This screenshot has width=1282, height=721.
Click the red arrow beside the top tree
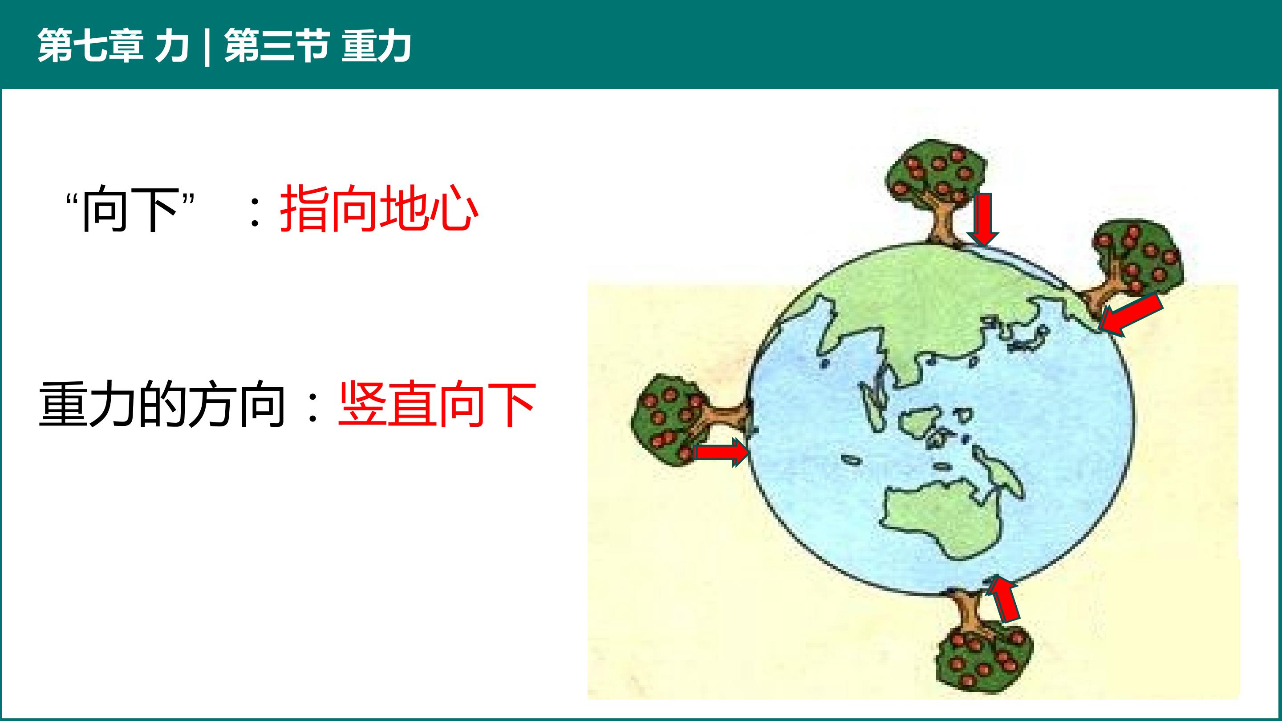(x=983, y=219)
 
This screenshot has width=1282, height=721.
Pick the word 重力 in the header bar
(x=376, y=45)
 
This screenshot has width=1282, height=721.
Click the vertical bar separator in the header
(x=206, y=46)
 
